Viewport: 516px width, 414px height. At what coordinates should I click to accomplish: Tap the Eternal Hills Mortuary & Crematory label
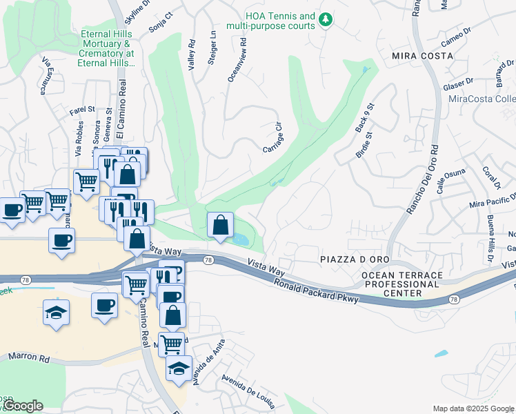coord(108,48)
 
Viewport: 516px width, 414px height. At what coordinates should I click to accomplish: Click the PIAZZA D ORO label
coord(350,258)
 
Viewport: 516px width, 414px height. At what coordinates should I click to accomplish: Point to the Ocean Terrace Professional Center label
coord(402,284)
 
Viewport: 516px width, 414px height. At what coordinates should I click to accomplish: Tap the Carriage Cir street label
coord(274,138)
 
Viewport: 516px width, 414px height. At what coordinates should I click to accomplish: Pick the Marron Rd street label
coord(30,358)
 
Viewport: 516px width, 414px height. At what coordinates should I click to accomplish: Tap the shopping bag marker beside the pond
coord(220,226)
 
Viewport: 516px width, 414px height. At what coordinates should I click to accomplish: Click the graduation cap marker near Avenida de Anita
coord(179,368)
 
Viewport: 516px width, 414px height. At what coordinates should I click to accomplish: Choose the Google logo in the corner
coord(23,406)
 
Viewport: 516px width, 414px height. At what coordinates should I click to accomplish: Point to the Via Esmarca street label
coord(46,75)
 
